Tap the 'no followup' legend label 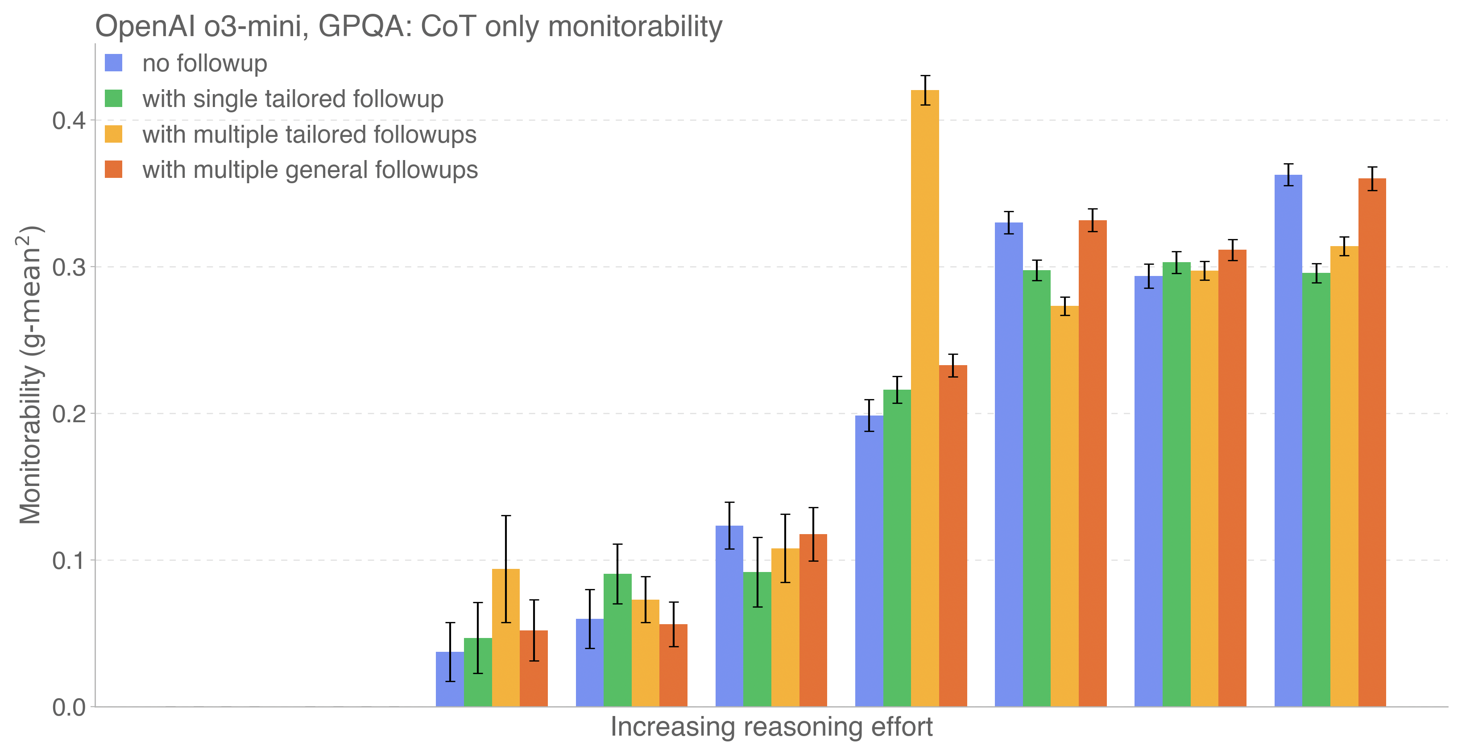[x=204, y=63]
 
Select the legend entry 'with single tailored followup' [x=293, y=99]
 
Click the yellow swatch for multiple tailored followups [x=114, y=134]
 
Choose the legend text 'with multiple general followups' [x=310, y=170]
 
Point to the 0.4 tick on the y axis [x=68, y=120]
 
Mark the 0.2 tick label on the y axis [x=68, y=413]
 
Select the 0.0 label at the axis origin [x=68, y=708]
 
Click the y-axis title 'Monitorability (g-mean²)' [x=31, y=375]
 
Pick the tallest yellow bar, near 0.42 [x=925, y=398]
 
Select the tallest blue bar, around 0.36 [x=1288, y=441]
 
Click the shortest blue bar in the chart [x=450, y=679]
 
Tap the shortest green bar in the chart [x=477, y=673]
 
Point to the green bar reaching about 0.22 [x=897, y=548]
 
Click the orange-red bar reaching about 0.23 [x=952, y=536]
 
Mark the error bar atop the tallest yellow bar [x=925, y=90]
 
